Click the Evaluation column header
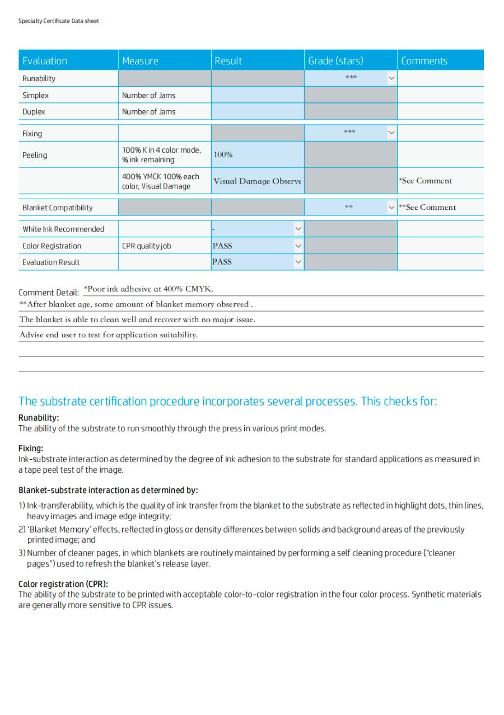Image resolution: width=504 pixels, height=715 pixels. [45, 61]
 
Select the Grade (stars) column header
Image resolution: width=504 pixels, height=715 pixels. [335, 61]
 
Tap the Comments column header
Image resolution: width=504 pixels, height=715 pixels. [424, 61]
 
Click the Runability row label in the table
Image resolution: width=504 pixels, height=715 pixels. [39, 78]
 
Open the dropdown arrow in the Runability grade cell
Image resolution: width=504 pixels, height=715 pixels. [391, 78]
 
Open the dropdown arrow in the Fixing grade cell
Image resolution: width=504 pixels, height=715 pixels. [391, 133]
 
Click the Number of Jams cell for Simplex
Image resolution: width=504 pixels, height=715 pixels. [149, 95]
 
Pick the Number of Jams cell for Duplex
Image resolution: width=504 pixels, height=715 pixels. [149, 112]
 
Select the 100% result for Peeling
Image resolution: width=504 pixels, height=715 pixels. [223, 154]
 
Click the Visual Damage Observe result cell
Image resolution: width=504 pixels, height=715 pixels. [257, 181]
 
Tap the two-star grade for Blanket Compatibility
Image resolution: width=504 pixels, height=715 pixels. [348, 208]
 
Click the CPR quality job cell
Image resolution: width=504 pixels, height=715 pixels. [147, 246]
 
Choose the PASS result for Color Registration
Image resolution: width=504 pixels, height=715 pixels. [222, 246]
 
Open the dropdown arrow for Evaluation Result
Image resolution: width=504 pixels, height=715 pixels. [298, 262]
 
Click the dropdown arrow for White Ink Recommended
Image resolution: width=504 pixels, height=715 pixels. [298, 229]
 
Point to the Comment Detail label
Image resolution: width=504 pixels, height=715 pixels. [49, 293]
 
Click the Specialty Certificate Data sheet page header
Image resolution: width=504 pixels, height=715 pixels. [59, 21]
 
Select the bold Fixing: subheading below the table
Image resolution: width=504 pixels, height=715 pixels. [31, 448]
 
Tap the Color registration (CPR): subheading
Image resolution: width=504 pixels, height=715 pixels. [63, 584]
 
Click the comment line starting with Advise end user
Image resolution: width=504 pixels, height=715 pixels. [109, 335]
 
